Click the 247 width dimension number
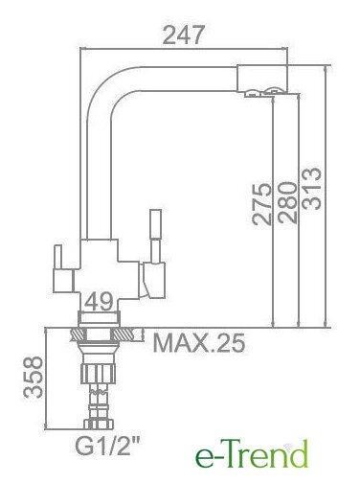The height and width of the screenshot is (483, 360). (x=183, y=34)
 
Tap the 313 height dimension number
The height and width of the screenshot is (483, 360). (x=311, y=189)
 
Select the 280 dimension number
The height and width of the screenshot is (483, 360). (x=287, y=202)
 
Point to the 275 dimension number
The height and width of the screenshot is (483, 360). (x=261, y=204)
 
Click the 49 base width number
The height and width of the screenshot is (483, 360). (x=100, y=301)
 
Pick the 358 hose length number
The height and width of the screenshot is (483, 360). (x=33, y=377)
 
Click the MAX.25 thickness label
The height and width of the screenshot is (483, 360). (x=199, y=343)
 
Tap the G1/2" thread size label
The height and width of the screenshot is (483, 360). (x=108, y=447)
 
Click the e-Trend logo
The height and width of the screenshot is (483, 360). (x=252, y=453)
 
